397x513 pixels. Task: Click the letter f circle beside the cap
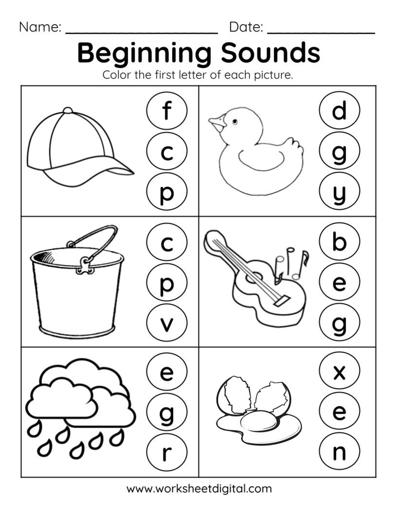point(167,111)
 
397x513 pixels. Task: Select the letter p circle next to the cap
point(167,192)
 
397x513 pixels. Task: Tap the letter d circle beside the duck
point(339,111)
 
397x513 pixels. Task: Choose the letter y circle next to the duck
point(339,192)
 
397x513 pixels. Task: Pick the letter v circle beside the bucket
point(167,323)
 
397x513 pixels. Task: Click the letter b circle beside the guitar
point(339,242)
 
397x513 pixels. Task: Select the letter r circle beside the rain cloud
point(167,453)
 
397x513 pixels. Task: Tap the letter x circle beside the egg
point(339,372)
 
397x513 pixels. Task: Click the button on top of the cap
point(68,110)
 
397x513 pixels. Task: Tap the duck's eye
point(234,122)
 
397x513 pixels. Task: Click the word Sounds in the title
point(271,53)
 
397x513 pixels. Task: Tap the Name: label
point(40,27)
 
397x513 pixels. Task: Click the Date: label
point(246,27)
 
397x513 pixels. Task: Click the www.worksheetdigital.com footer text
point(199,489)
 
